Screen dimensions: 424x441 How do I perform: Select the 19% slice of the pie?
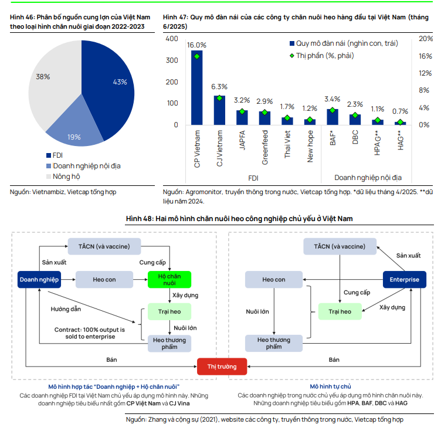pos(75,132)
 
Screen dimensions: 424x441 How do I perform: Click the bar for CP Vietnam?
pos(196,88)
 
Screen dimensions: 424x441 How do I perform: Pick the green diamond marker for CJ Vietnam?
pos(219,98)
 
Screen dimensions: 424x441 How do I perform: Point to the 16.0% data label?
pos(196,45)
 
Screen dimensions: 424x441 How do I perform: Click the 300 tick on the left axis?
pos(172,60)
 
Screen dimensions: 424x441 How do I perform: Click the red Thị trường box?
pos(222,367)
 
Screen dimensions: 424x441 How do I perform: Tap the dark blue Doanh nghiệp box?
pos(39,280)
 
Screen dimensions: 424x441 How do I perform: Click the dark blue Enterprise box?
pos(405,280)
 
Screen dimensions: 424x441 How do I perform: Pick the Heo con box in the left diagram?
pos(104,280)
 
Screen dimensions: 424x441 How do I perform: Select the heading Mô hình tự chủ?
pos(330,387)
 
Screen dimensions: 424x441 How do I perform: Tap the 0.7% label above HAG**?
pos(401,111)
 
